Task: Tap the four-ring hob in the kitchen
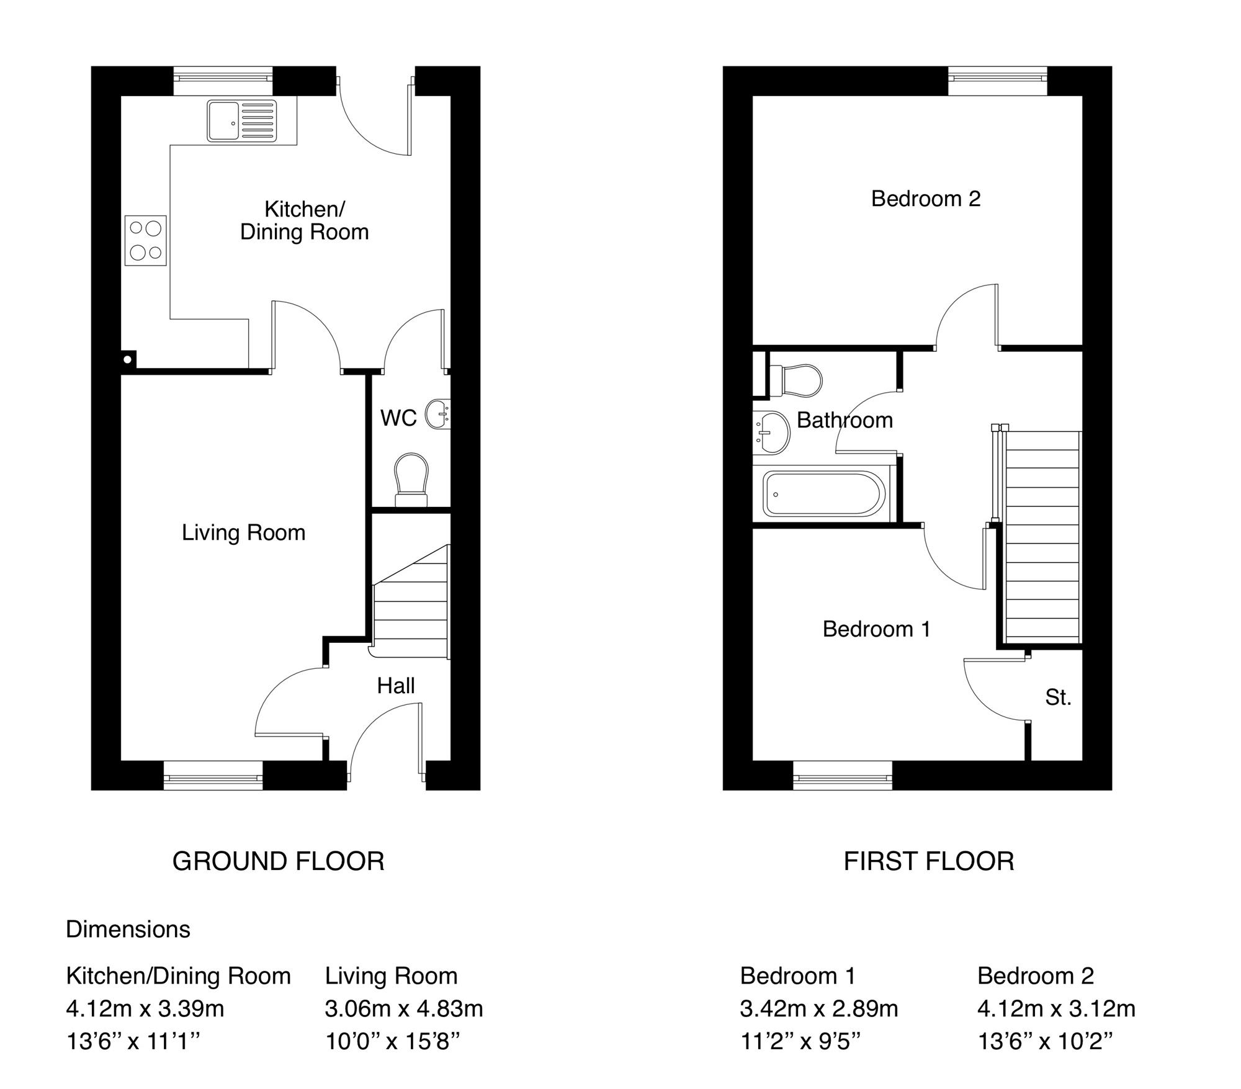tap(146, 240)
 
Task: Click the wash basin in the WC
tap(437, 415)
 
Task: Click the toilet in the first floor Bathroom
tap(795, 380)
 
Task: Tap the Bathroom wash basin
tap(771, 432)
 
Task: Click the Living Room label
tap(244, 532)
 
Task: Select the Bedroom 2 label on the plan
tap(926, 199)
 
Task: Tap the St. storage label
tap(1058, 697)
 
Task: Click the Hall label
tap(396, 686)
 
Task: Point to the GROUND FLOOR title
tap(279, 861)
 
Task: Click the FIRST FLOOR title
tap(929, 861)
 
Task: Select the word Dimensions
tap(128, 929)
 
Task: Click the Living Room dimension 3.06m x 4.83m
tap(404, 1009)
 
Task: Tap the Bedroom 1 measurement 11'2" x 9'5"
tap(800, 1041)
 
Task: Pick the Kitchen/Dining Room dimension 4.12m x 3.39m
tap(145, 1009)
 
